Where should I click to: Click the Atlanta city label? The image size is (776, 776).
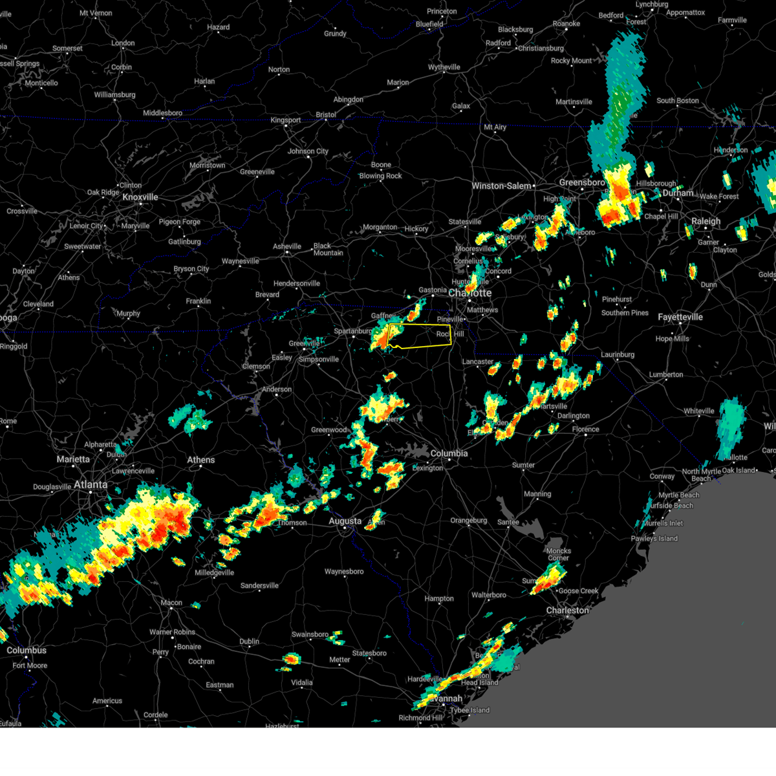point(91,484)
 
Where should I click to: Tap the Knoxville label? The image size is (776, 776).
point(140,197)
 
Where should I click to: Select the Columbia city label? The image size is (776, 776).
point(449,453)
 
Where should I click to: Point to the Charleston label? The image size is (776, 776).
point(567,610)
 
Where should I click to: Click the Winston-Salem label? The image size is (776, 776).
point(501,186)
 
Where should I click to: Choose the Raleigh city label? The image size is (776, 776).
point(706,221)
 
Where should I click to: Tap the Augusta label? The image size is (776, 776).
point(345,521)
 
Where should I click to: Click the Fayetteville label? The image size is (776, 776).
point(680,318)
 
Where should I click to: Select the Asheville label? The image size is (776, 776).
point(287,246)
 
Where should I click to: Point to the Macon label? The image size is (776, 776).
point(171,603)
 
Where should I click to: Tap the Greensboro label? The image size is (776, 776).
point(582,183)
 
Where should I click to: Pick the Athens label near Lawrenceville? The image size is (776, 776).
point(201,460)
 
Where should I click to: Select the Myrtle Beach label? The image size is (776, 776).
point(679,495)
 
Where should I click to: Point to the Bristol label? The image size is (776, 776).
point(326,114)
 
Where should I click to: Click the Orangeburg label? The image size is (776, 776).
point(468,521)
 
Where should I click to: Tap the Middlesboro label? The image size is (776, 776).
point(162,113)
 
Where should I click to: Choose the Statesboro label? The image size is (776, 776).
point(369,653)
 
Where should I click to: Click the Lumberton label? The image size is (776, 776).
point(666,374)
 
